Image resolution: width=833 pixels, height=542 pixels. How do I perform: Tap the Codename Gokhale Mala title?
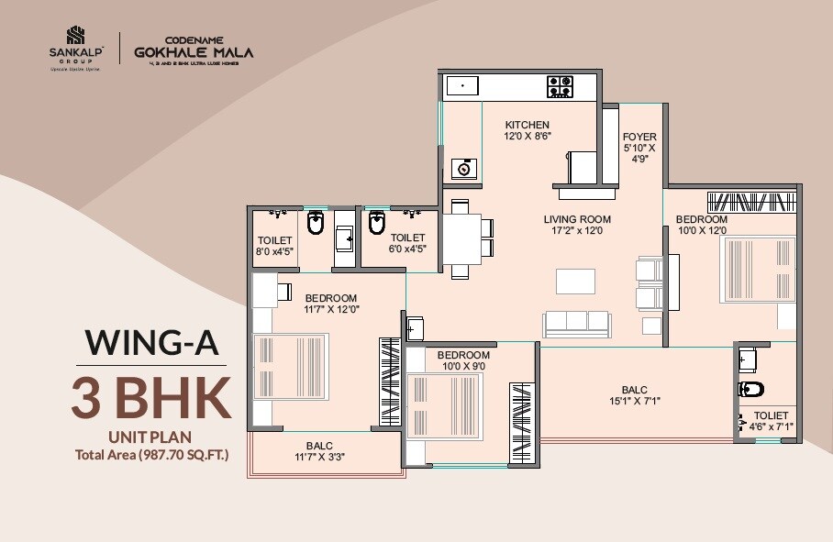(x=193, y=51)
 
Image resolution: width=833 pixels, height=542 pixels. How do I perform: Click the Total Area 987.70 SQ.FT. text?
(x=151, y=453)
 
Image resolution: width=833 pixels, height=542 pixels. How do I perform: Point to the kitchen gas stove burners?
(x=561, y=87)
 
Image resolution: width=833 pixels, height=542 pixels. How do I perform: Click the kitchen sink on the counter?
(x=463, y=87)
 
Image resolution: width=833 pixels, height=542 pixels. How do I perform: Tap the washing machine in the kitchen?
(x=464, y=168)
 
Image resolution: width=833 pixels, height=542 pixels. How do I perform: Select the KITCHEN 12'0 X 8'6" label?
(x=527, y=130)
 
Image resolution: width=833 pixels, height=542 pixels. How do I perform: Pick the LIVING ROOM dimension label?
(x=576, y=226)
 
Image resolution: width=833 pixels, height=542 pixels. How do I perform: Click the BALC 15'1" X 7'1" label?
(x=633, y=394)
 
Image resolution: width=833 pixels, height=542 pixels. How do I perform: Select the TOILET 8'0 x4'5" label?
(x=274, y=246)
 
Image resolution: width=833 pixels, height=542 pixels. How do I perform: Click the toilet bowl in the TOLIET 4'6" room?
(x=750, y=390)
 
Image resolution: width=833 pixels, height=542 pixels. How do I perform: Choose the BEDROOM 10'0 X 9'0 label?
(x=463, y=360)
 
